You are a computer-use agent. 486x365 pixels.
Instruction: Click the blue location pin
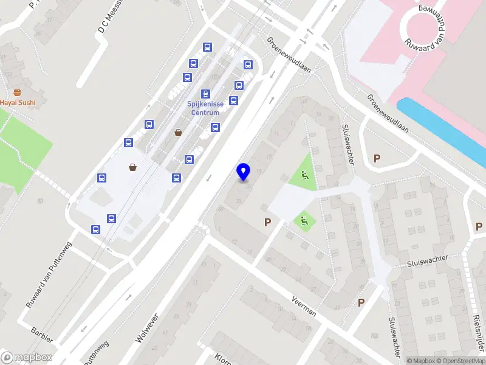[x=244, y=172]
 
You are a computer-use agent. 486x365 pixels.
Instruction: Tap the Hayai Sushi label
[x=17, y=103]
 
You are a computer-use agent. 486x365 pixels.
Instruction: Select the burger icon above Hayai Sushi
[x=17, y=92]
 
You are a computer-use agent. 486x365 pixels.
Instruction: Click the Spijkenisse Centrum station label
[x=206, y=108]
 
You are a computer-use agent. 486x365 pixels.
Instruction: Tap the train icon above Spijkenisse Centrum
[x=206, y=94]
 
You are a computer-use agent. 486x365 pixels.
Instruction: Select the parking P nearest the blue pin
[x=267, y=223]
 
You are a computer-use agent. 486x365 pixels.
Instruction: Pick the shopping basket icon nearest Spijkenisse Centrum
[x=178, y=132]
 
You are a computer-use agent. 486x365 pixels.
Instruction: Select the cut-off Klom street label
[x=221, y=358]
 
